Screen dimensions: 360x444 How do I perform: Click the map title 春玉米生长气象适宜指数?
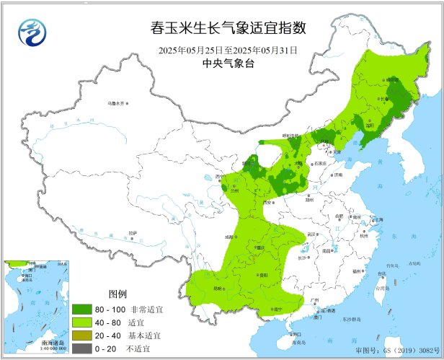coord(228,28)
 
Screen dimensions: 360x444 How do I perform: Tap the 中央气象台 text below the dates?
coord(228,63)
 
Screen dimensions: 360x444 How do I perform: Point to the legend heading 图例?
coord(117,294)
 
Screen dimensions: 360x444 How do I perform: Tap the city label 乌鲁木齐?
coord(116,104)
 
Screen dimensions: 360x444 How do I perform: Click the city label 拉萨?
coord(132,232)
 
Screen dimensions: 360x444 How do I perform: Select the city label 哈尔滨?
coord(391,80)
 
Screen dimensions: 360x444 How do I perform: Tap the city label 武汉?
coord(311,234)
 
